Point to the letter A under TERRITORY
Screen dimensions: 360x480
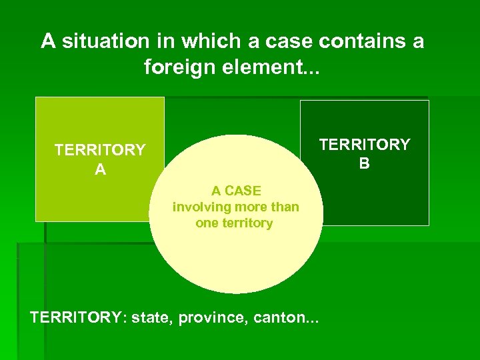(x=100, y=170)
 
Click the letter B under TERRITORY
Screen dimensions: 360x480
(x=364, y=163)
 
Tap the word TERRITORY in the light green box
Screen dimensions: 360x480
(x=100, y=150)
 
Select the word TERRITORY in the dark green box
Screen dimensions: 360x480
(x=364, y=145)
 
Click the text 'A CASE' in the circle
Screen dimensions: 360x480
(x=235, y=191)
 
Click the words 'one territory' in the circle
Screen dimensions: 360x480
(x=234, y=223)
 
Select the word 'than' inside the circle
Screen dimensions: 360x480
(x=285, y=207)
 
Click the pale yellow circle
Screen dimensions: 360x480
(x=235, y=260)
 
